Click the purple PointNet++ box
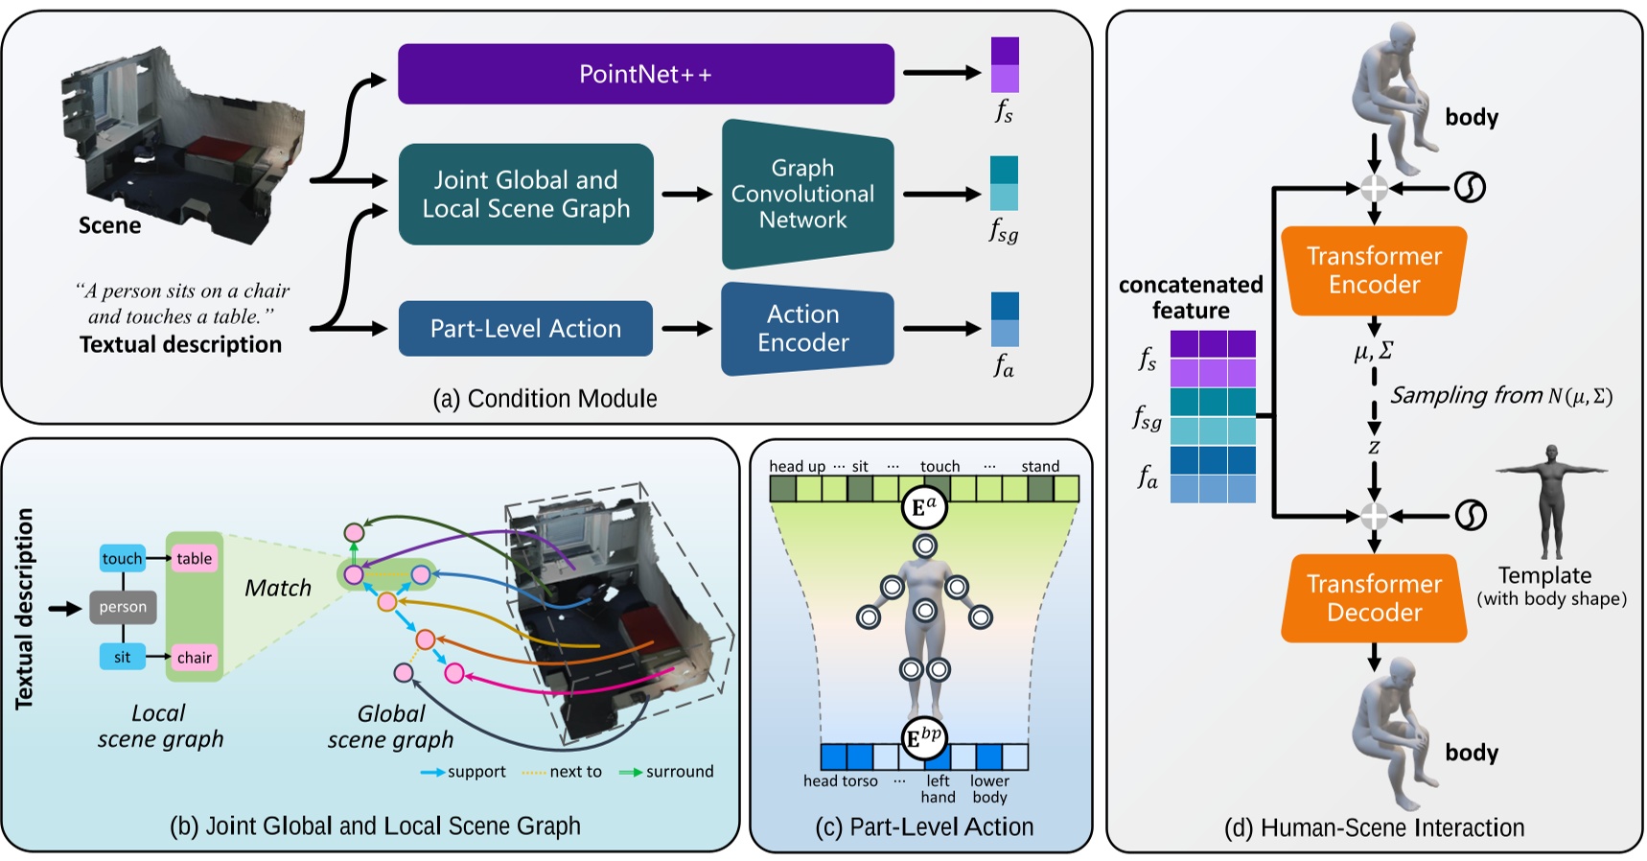click(645, 74)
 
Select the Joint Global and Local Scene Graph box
click(525, 195)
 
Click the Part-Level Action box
click(525, 329)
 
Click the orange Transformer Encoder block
click(1374, 270)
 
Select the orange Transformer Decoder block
click(1374, 598)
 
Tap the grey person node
click(123, 607)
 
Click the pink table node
click(194, 558)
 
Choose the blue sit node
click(123, 657)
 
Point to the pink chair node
click(194, 657)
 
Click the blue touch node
click(123, 558)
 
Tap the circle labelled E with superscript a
click(924, 508)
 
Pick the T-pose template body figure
click(1550, 500)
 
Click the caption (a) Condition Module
click(545, 399)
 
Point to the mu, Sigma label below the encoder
click(1373, 352)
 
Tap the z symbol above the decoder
click(1374, 447)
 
